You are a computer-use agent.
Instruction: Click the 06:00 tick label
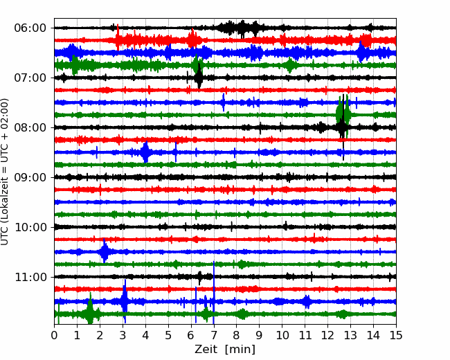(30, 28)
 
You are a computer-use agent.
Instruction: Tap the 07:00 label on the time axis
(30, 78)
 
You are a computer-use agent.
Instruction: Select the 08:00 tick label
(30, 127)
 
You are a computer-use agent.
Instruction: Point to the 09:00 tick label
(30, 177)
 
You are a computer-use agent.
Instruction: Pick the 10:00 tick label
(30, 227)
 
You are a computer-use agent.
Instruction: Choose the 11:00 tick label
(30, 277)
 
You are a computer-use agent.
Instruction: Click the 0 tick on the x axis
(54, 335)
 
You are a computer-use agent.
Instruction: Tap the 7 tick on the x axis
(214, 335)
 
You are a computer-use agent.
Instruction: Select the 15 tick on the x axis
(396, 335)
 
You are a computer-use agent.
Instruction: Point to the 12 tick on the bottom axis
(327, 335)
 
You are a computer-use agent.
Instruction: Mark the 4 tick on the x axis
(145, 335)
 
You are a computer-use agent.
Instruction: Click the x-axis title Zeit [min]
(225, 349)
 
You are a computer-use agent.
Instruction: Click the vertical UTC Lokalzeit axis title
(5, 172)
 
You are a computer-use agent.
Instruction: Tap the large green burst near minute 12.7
(343, 114)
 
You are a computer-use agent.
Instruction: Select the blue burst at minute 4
(145, 152)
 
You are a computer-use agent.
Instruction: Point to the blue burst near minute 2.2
(105, 251)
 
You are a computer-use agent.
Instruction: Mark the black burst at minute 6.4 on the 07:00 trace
(199, 77)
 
